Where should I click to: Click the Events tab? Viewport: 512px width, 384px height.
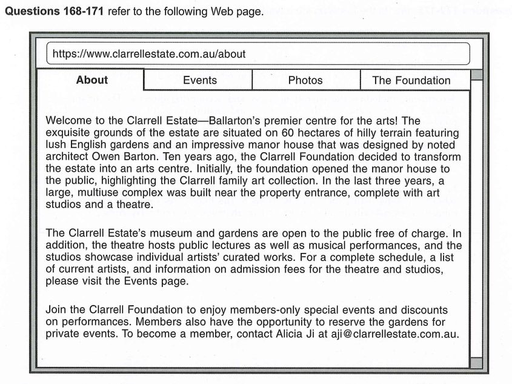click(x=199, y=80)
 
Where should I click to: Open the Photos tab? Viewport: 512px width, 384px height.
click(x=305, y=80)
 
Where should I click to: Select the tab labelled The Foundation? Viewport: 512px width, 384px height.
click(x=411, y=80)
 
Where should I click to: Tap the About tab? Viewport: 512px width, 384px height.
click(x=92, y=80)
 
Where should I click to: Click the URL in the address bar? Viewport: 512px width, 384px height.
click(x=149, y=54)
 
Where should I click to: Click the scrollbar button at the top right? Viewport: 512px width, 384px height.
click(x=476, y=75)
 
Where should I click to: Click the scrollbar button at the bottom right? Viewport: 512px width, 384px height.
click(x=476, y=363)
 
